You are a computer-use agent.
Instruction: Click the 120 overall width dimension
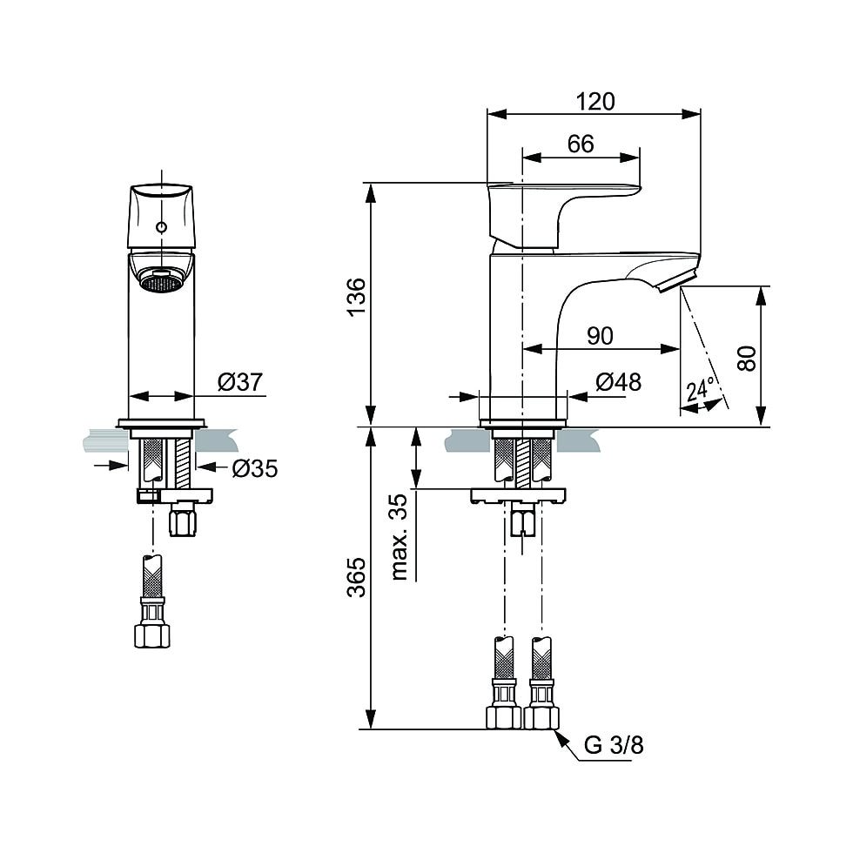(595, 101)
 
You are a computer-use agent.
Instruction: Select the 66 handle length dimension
(581, 144)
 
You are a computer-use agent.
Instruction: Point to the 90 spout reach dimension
(599, 336)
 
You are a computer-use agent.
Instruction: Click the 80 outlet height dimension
(746, 357)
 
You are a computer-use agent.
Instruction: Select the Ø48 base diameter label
(618, 383)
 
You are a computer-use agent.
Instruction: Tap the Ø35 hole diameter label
(254, 468)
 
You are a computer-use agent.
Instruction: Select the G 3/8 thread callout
(614, 745)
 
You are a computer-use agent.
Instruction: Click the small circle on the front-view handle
(160, 228)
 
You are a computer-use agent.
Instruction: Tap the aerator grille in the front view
(161, 282)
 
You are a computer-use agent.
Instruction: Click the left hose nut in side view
(503, 715)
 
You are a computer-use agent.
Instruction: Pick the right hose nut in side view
(541, 715)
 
